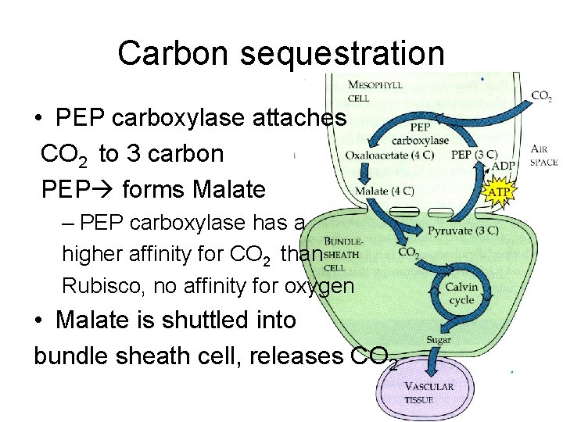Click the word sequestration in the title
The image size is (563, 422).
click(342, 53)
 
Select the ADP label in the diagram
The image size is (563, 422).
click(504, 166)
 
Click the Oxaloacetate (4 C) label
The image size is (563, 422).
click(390, 155)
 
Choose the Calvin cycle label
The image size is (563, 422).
click(461, 293)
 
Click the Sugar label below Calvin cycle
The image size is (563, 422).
click(439, 339)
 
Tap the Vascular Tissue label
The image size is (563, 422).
click(429, 393)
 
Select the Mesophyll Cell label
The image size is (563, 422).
click(375, 91)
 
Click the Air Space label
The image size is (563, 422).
click(543, 156)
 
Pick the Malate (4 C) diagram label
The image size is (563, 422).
click(385, 191)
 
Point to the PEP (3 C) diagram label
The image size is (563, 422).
click(472, 155)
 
